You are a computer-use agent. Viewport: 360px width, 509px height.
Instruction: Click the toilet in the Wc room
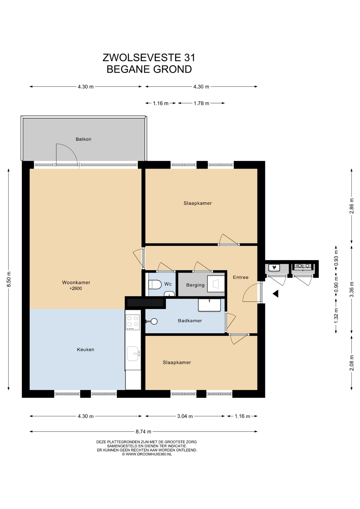click(x=155, y=284)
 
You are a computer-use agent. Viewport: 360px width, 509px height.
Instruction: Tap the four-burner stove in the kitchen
click(x=133, y=322)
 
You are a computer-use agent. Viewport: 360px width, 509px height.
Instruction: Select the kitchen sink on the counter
click(x=133, y=354)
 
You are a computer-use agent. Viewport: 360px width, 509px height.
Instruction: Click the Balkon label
click(x=84, y=139)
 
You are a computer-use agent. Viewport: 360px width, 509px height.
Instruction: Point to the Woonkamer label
click(x=76, y=283)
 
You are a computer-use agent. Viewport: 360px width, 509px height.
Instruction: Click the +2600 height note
click(x=76, y=288)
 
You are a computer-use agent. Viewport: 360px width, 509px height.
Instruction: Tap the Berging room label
click(x=195, y=285)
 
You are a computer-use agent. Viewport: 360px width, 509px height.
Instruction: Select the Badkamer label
click(x=190, y=321)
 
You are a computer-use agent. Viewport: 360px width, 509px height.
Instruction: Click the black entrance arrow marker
click(x=275, y=294)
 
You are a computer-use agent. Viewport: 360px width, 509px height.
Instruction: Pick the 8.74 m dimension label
click(x=143, y=432)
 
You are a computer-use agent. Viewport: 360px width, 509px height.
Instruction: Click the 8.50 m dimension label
click(x=9, y=279)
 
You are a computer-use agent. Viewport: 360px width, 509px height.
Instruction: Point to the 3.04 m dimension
click(x=185, y=416)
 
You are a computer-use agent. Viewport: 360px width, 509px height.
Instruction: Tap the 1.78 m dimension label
click(x=201, y=103)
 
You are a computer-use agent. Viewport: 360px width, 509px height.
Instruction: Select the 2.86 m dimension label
click(x=352, y=206)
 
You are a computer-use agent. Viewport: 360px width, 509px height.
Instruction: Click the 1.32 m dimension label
click(x=336, y=315)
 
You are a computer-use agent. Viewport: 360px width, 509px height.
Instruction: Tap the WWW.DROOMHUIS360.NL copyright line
click(x=147, y=454)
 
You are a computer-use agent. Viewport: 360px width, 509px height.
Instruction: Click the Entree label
click(x=241, y=277)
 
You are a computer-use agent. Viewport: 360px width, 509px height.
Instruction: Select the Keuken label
click(x=86, y=350)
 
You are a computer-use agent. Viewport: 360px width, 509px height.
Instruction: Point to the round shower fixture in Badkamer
click(x=154, y=322)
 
